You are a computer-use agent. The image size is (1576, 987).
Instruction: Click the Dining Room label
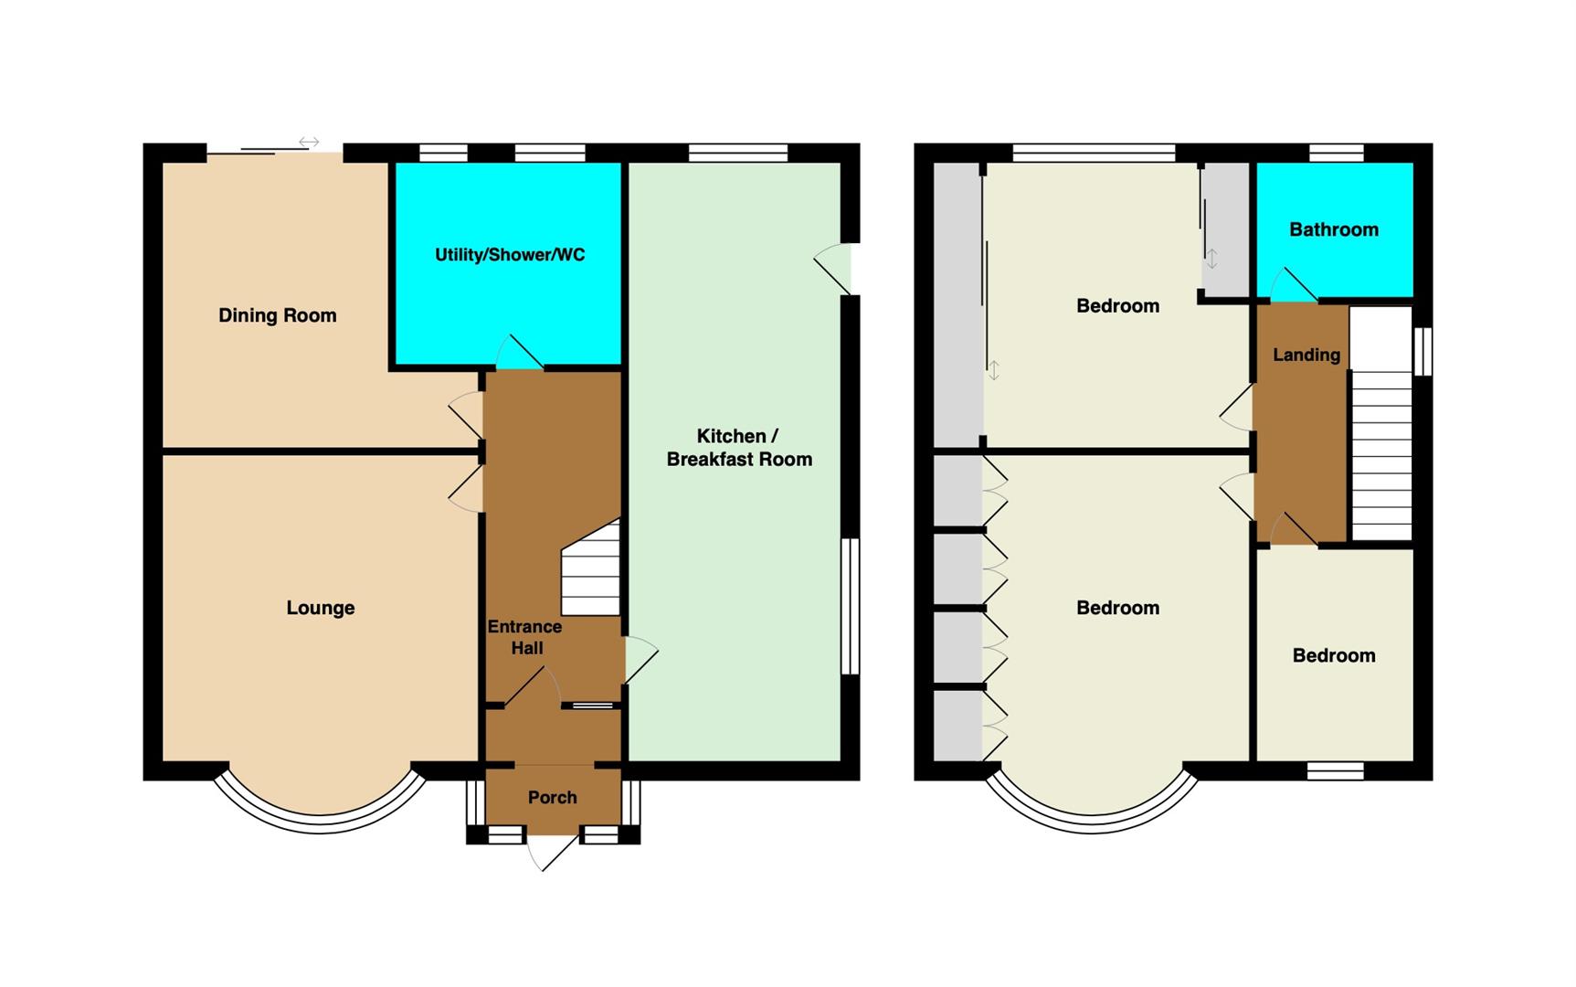(277, 315)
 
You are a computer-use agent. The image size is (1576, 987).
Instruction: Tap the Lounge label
(320, 608)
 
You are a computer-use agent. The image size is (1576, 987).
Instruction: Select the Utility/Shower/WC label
(510, 255)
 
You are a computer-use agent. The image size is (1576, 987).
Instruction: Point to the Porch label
(552, 798)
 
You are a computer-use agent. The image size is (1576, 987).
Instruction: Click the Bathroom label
(1334, 229)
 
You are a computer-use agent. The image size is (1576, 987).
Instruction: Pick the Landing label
(1306, 355)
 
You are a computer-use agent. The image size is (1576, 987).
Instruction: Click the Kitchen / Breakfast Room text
(739, 448)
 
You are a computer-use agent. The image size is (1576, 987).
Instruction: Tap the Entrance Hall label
(524, 637)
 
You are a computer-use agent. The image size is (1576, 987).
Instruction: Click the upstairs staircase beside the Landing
(1381, 423)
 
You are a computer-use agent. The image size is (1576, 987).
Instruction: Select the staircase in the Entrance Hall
(591, 568)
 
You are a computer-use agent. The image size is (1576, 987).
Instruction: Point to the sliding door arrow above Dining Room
(309, 143)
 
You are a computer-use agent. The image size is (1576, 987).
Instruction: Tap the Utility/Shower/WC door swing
(519, 353)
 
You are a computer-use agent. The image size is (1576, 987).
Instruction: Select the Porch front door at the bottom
(552, 852)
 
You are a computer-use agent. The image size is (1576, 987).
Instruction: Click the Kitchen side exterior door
(832, 269)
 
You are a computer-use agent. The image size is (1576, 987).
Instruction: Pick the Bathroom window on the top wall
(1336, 153)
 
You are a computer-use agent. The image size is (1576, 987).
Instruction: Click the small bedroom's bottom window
(1335, 771)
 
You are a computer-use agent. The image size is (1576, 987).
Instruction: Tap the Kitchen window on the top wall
(738, 153)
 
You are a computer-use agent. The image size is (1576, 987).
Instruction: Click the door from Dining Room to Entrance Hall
(467, 415)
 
